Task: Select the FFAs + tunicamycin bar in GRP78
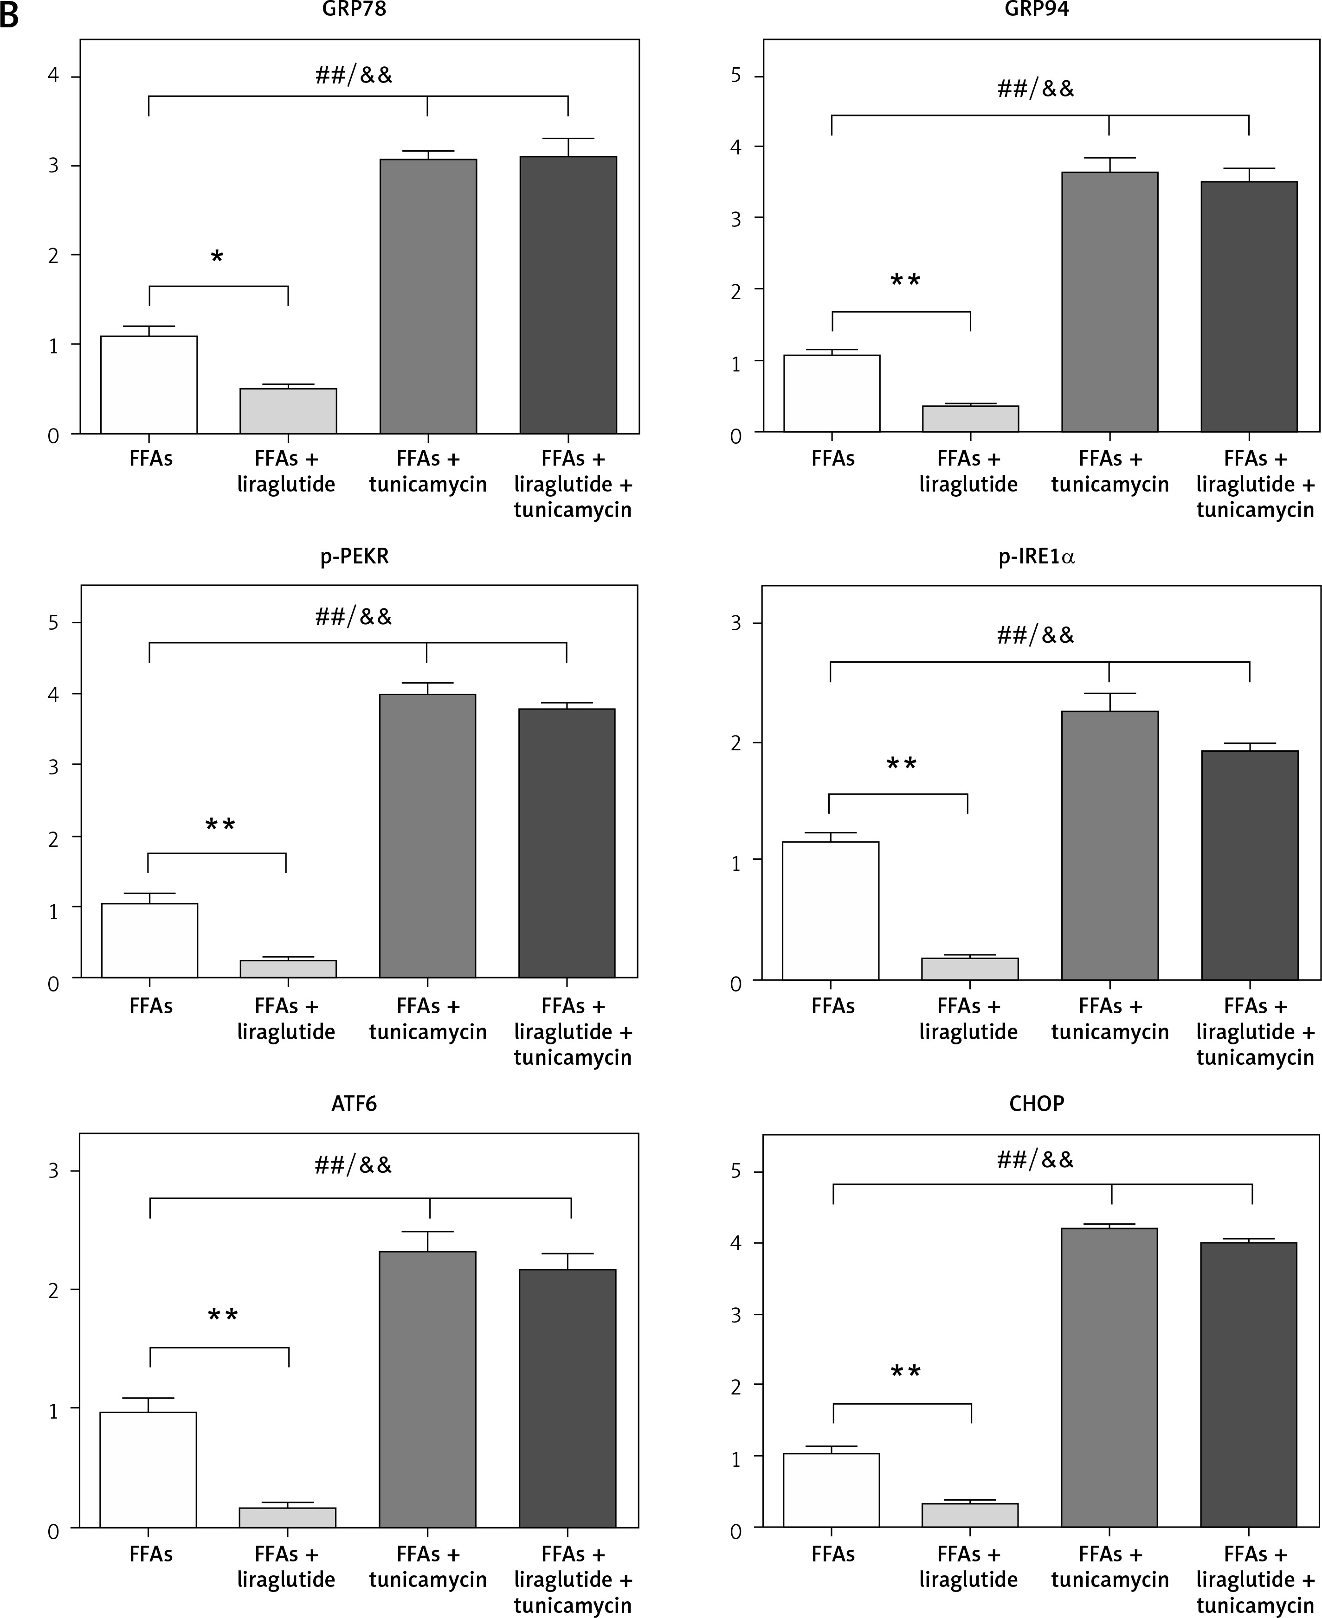[x=428, y=297]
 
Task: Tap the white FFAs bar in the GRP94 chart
[x=832, y=394]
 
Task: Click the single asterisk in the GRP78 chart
[x=217, y=258]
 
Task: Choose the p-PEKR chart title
[x=354, y=556]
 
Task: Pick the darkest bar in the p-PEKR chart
[x=567, y=843]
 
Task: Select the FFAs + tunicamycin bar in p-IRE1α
[x=1109, y=845]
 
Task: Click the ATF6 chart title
[x=354, y=1104]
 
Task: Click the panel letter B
[x=9, y=15]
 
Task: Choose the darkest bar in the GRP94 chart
[x=1249, y=307]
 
